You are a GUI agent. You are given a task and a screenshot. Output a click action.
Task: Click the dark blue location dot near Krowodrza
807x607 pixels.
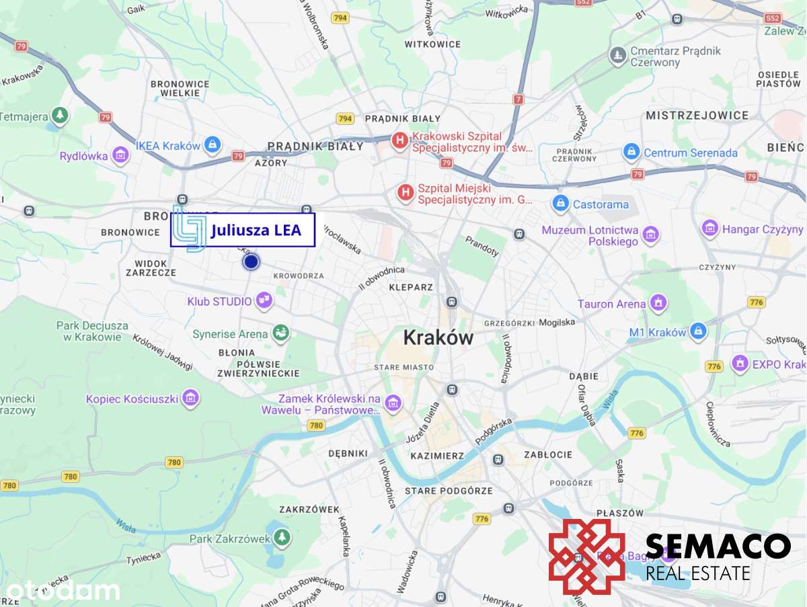click(251, 261)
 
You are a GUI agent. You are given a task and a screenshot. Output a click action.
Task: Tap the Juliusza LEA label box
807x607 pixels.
click(243, 231)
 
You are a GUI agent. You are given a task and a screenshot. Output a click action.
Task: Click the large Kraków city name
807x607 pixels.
click(438, 337)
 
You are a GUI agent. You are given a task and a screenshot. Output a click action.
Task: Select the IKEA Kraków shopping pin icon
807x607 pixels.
click(213, 145)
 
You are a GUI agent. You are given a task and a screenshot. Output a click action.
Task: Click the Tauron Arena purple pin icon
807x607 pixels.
click(658, 303)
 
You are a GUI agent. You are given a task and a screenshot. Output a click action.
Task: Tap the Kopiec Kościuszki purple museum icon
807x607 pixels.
click(190, 399)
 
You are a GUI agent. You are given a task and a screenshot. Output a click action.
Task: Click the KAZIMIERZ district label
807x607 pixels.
click(437, 456)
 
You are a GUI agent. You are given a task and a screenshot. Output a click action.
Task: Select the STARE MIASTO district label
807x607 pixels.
click(403, 367)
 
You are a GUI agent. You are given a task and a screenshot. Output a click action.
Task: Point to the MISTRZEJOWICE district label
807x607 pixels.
click(697, 116)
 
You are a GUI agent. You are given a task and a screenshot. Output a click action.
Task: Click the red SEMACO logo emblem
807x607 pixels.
click(586, 557)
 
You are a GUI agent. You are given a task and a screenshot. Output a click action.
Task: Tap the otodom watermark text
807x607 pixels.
click(61, 591)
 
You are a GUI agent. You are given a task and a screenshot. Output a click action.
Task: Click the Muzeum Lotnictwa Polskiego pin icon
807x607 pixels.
click(650, 235)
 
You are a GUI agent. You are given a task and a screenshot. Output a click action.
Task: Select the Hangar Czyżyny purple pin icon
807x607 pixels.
click(709, 229)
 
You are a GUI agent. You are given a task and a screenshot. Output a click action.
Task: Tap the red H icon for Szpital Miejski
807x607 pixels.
click(405, 194)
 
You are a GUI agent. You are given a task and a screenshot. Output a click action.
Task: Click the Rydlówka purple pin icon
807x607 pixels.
click(121, 155)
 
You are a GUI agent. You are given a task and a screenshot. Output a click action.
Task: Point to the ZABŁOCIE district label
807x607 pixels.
click(550, 454)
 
